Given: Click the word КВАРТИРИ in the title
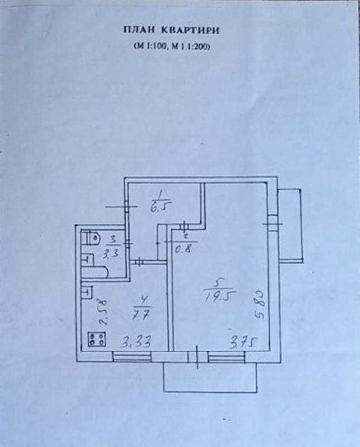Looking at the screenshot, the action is [190, 30].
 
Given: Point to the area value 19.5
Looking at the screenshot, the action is [218, 296].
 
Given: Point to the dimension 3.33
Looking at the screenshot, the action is [136, 341].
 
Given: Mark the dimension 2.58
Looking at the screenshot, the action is [103, 312].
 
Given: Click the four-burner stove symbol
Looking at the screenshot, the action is [97, 339].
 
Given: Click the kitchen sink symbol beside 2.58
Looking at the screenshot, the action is [87, 292].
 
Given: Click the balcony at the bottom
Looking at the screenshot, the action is [210, 378].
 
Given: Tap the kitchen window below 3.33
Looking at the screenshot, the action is [132, 356].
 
